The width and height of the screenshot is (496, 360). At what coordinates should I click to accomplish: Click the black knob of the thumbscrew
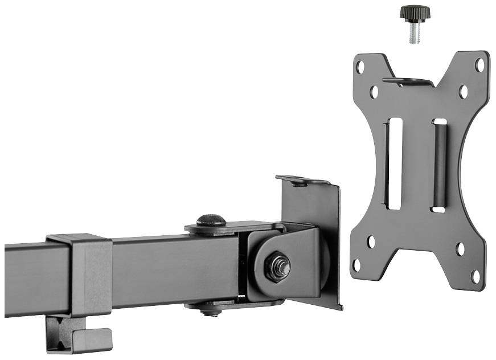coord(414,12)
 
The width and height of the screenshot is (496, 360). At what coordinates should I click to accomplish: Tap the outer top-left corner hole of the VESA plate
coord(360,67)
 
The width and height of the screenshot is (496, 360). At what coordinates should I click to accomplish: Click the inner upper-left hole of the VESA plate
coord(374,91)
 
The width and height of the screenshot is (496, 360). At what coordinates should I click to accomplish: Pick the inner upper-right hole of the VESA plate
coord(464,91)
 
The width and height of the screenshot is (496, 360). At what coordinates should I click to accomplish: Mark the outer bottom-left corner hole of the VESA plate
coord(357,265)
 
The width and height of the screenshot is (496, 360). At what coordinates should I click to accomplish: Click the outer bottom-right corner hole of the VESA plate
coord(475,276)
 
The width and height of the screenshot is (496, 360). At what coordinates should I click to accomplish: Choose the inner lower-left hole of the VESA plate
coord(371,242)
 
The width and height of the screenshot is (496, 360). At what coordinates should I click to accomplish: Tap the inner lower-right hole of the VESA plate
coord(460,249)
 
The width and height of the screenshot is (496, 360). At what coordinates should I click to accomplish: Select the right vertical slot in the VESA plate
coord(439,165)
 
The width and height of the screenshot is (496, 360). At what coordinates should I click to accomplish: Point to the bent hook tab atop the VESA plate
coord(407,81)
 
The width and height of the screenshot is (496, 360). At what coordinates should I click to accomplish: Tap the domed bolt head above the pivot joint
coord(211,220)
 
